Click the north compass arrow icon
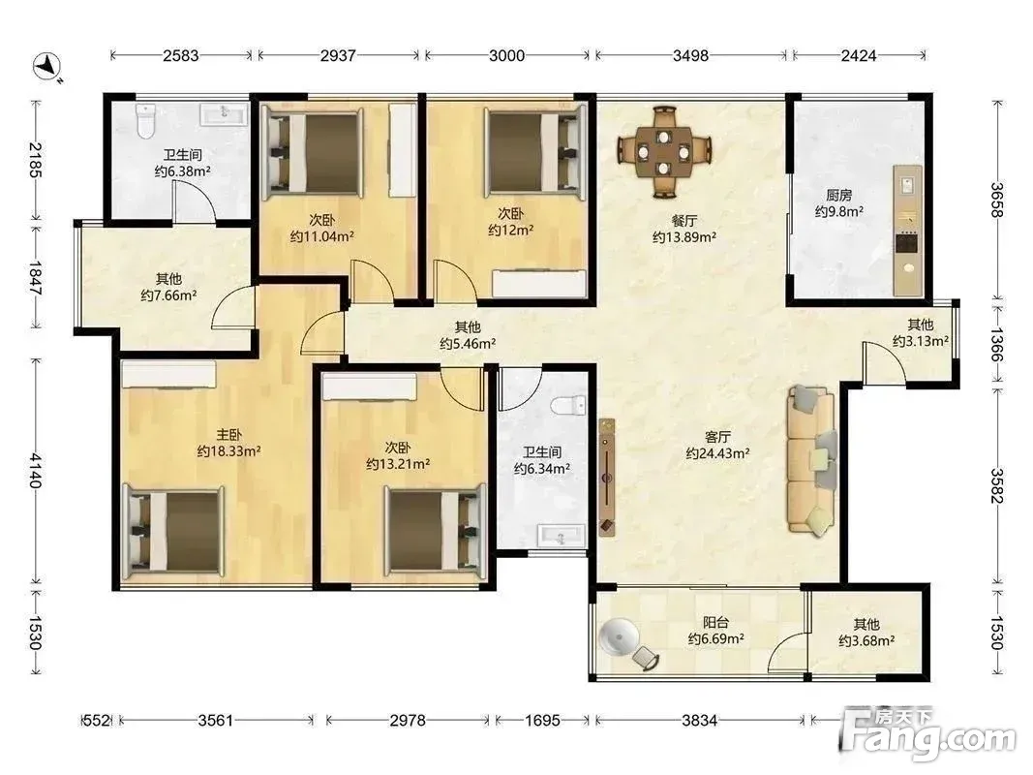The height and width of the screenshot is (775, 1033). click(x=46, y=66)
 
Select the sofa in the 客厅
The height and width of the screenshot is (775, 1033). click(x=811, y=460)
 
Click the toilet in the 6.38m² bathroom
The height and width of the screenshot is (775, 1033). click(x=145, y=120)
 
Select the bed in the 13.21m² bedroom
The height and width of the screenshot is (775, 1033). click(x=436, y=530)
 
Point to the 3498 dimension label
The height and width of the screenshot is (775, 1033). click(x=690, y=55)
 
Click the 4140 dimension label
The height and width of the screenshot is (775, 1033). click(x=35, y=471)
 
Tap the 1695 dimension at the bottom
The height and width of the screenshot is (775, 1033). click(x=542, y=721)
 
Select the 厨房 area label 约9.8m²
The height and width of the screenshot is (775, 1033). click(x=838, y=211)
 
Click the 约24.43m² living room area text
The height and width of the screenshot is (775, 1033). click(x=717, y=453)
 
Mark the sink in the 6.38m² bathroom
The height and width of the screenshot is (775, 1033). click(x=224, y=113)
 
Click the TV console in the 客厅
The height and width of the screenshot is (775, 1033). click(x=607, y=478)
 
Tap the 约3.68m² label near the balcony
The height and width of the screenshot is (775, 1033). click(x=866, y=640)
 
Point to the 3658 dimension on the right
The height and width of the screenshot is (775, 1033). click(x=998, y=200)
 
